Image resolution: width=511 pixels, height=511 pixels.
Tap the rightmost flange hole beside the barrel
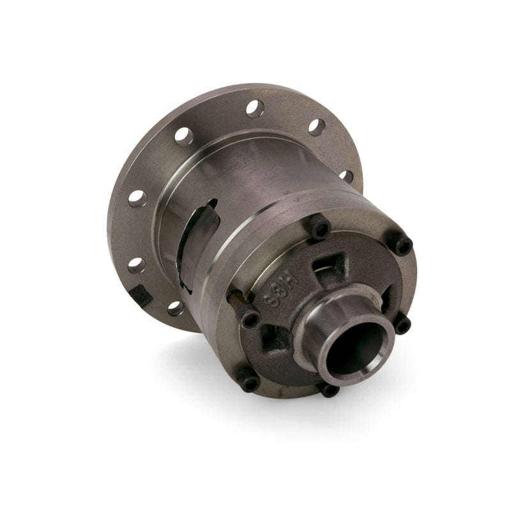(346, 175)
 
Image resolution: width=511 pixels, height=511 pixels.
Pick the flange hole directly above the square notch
(136, 264)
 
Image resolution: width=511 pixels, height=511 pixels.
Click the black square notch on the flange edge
(142, 294)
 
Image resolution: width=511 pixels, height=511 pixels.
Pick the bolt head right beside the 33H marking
(250, 318)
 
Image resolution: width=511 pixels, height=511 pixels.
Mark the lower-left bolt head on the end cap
(250, 382)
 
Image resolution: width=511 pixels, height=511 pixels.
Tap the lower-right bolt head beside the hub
(402, 326)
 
